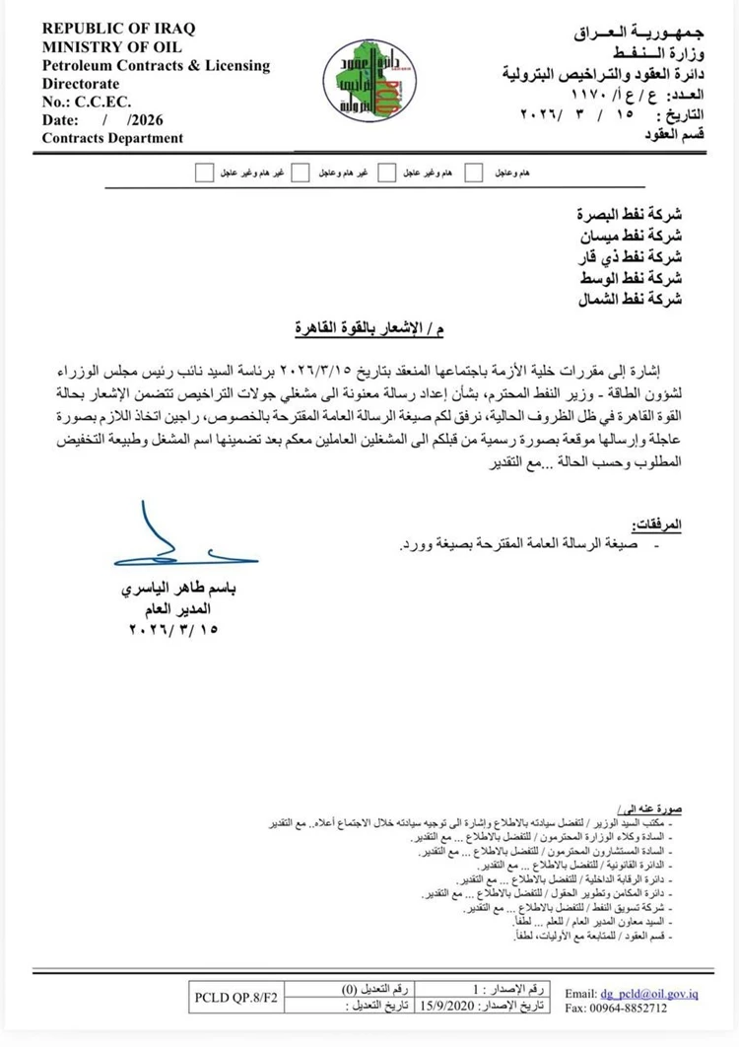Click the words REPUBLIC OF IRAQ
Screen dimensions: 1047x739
coord(106,31)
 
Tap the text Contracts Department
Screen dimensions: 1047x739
coord(112,138)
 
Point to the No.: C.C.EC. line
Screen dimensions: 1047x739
coord(86,103)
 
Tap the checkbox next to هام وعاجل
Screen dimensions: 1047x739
coord(474,173)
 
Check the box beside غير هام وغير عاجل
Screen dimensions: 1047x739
coord(204,173)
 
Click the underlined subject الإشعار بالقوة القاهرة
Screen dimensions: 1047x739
coord(375,326)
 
